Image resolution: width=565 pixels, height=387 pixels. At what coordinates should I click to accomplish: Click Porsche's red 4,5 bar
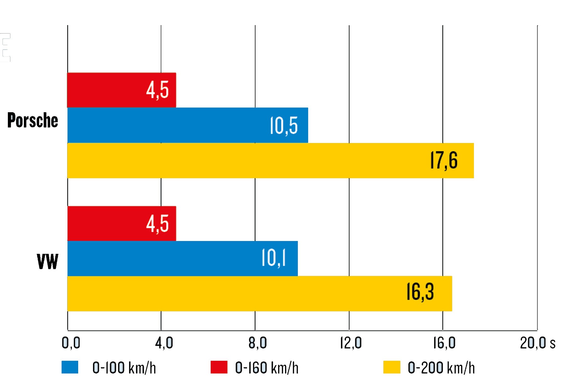pyautogui.click(x=121, y=90)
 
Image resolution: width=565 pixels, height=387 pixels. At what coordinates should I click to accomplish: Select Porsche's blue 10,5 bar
pyautogui.click(x=187, y=125)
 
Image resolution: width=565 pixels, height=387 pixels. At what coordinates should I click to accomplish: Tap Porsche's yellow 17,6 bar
pyautogui.click(x=270, y=160)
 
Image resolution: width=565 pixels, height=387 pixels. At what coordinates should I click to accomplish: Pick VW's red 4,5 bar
pyautogui.click(x=121, y=223)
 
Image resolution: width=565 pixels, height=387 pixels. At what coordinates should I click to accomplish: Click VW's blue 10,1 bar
pyautogui.click(x=182, y=259)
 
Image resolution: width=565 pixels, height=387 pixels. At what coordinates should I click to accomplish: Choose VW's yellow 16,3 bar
pyautogui.click(x=260, y=294)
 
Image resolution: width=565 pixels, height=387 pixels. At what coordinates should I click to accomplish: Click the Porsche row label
pyautogui.click(x=33, y=120)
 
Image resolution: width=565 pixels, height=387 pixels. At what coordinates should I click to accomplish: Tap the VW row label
pyautogui.click(x=47, y=261)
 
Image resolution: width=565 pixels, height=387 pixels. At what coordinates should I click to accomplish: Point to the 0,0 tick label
pyautogui.click(x=71, y=343)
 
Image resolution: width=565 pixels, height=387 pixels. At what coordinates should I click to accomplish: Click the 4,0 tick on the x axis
pyautogui.click(x=164, y=343)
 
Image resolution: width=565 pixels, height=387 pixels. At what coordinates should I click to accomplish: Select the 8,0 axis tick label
pyautogui.click(x=257, y=343)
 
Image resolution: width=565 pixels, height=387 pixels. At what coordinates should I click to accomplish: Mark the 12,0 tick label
pyautogui.click(x=351, y=343)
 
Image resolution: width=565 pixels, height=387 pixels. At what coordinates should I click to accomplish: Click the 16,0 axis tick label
pyautogui.click(x=444, y=343)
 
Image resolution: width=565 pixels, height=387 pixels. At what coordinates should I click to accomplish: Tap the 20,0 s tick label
pyautogui.click(x=537, y=343)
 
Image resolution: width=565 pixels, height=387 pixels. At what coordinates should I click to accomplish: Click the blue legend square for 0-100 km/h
pyautogui.click(x=70, y=367)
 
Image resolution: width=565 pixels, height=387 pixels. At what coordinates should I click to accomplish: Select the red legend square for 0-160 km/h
pyautogui.click(x=219, y=367)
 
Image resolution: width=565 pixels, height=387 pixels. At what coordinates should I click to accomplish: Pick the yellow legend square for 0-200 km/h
pyautogui.click(x=392, y=367)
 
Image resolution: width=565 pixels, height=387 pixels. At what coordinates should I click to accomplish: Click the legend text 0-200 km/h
pyautogui.click(x=441, y=368)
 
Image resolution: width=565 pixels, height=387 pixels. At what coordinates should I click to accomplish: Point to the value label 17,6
pyautogui.click(x=444, y=160)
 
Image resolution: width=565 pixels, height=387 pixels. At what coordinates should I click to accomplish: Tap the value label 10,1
pyautogui.click(x=274, y=259)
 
